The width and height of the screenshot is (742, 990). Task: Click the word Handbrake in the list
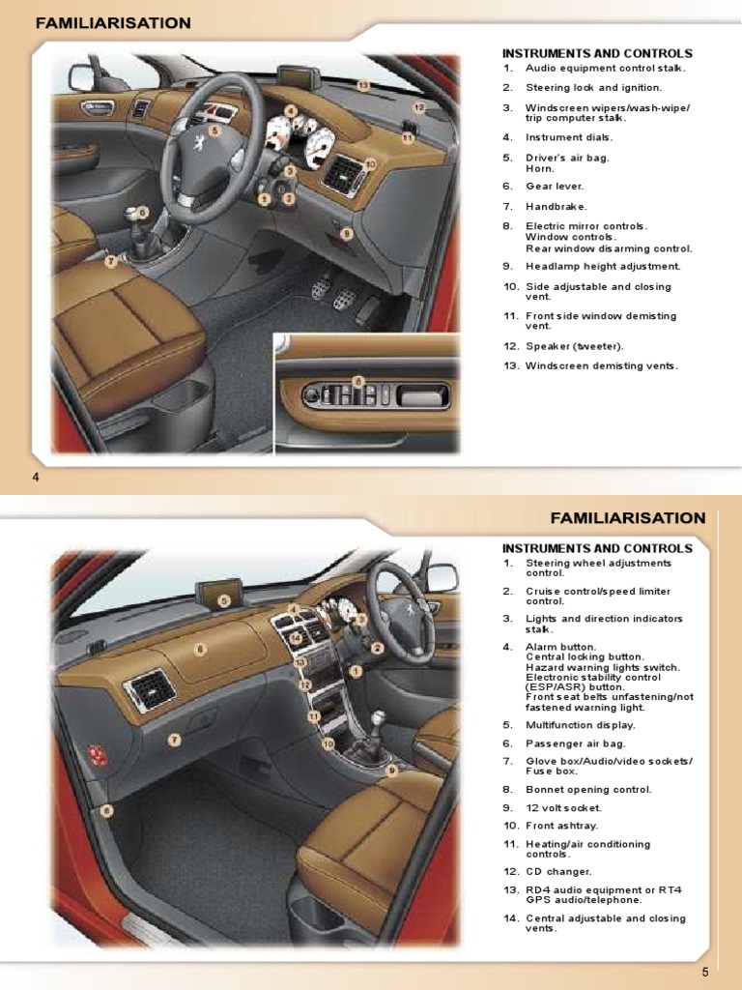[x=556, y=206]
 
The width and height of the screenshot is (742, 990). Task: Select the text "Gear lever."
[x=555, y=186]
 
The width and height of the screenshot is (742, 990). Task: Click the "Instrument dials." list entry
[x=567, y=137]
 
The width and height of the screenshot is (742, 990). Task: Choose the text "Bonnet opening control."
[x=588, y=789]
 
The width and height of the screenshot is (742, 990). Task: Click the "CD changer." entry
[x=558, y=871]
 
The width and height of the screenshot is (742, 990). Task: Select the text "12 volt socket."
[x=563, y=807]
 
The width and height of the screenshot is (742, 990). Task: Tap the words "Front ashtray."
[x=561, y=826]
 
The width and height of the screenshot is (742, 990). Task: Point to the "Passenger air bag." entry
[x=575, y=743]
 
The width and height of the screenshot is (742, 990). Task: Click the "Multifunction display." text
[x=581, y=724]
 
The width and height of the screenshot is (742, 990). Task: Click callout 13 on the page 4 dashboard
[x=363, y=85]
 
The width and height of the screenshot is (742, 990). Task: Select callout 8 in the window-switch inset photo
[x=357, y=382]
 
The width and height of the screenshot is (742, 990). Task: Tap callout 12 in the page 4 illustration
[x=419, y=107]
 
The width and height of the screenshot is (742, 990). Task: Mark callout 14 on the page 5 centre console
[x=296, y=638]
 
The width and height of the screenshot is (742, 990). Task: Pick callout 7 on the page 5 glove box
[x=175, y=740]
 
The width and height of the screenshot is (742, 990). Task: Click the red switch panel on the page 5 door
[x=98, y=755]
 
